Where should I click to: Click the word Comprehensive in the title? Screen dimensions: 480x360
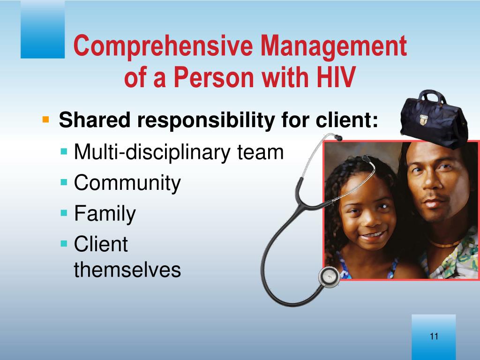163,46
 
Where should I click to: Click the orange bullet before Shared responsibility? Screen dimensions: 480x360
45,119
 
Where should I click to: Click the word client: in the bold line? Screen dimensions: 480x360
347,120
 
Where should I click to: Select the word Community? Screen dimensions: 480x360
127,183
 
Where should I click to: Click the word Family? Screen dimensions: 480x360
105,214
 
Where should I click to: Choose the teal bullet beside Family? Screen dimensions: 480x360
64,212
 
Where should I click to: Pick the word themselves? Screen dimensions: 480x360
127,270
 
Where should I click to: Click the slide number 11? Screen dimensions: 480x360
434,336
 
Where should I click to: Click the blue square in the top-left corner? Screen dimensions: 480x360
43,29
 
